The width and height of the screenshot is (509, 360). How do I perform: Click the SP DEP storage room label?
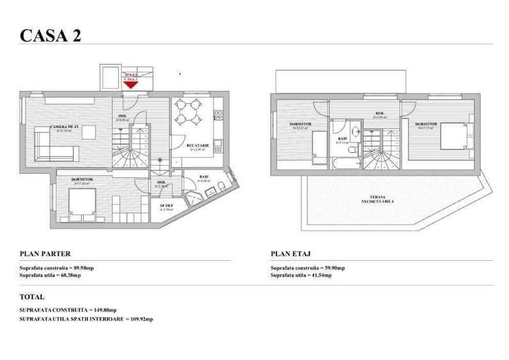[166, 206]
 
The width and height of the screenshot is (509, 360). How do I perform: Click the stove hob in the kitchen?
[218, 116]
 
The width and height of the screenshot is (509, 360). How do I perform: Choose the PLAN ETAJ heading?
[291, 253]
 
